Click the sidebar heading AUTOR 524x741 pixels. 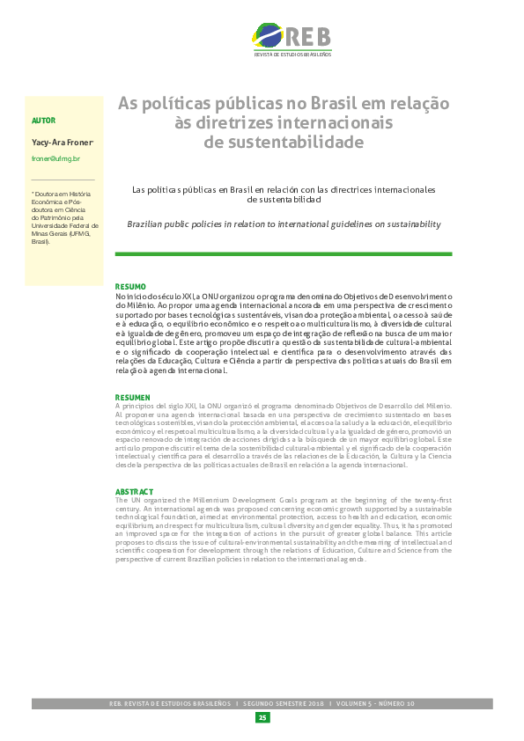[x=42, y=120]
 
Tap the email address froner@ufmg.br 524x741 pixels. [x=55, y=158]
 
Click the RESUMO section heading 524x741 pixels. [x=130, y=287]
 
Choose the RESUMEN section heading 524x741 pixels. [x=133, y=398]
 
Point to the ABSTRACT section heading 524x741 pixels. [x=134, y=492]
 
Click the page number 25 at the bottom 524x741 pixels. [x=262, y=718]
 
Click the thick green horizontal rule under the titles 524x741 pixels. [x=284, y=254]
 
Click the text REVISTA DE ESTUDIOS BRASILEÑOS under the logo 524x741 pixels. [x=292, y=55]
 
